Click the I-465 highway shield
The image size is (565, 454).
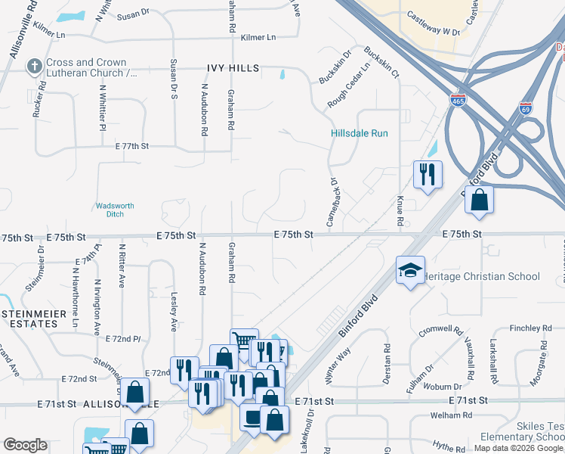click(x=458, y=100)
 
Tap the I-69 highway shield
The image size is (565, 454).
click(x=526, y=108)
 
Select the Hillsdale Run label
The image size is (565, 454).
click(x=359, y=133)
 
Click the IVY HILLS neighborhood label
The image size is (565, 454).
click(x=233, y=68)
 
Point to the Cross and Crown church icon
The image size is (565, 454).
click(x=33, y=67)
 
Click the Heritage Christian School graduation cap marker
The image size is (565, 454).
click(x=410, y=271)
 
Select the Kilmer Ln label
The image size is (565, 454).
click(x=258, y=37)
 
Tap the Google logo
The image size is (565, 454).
click(x=26, y=445)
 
